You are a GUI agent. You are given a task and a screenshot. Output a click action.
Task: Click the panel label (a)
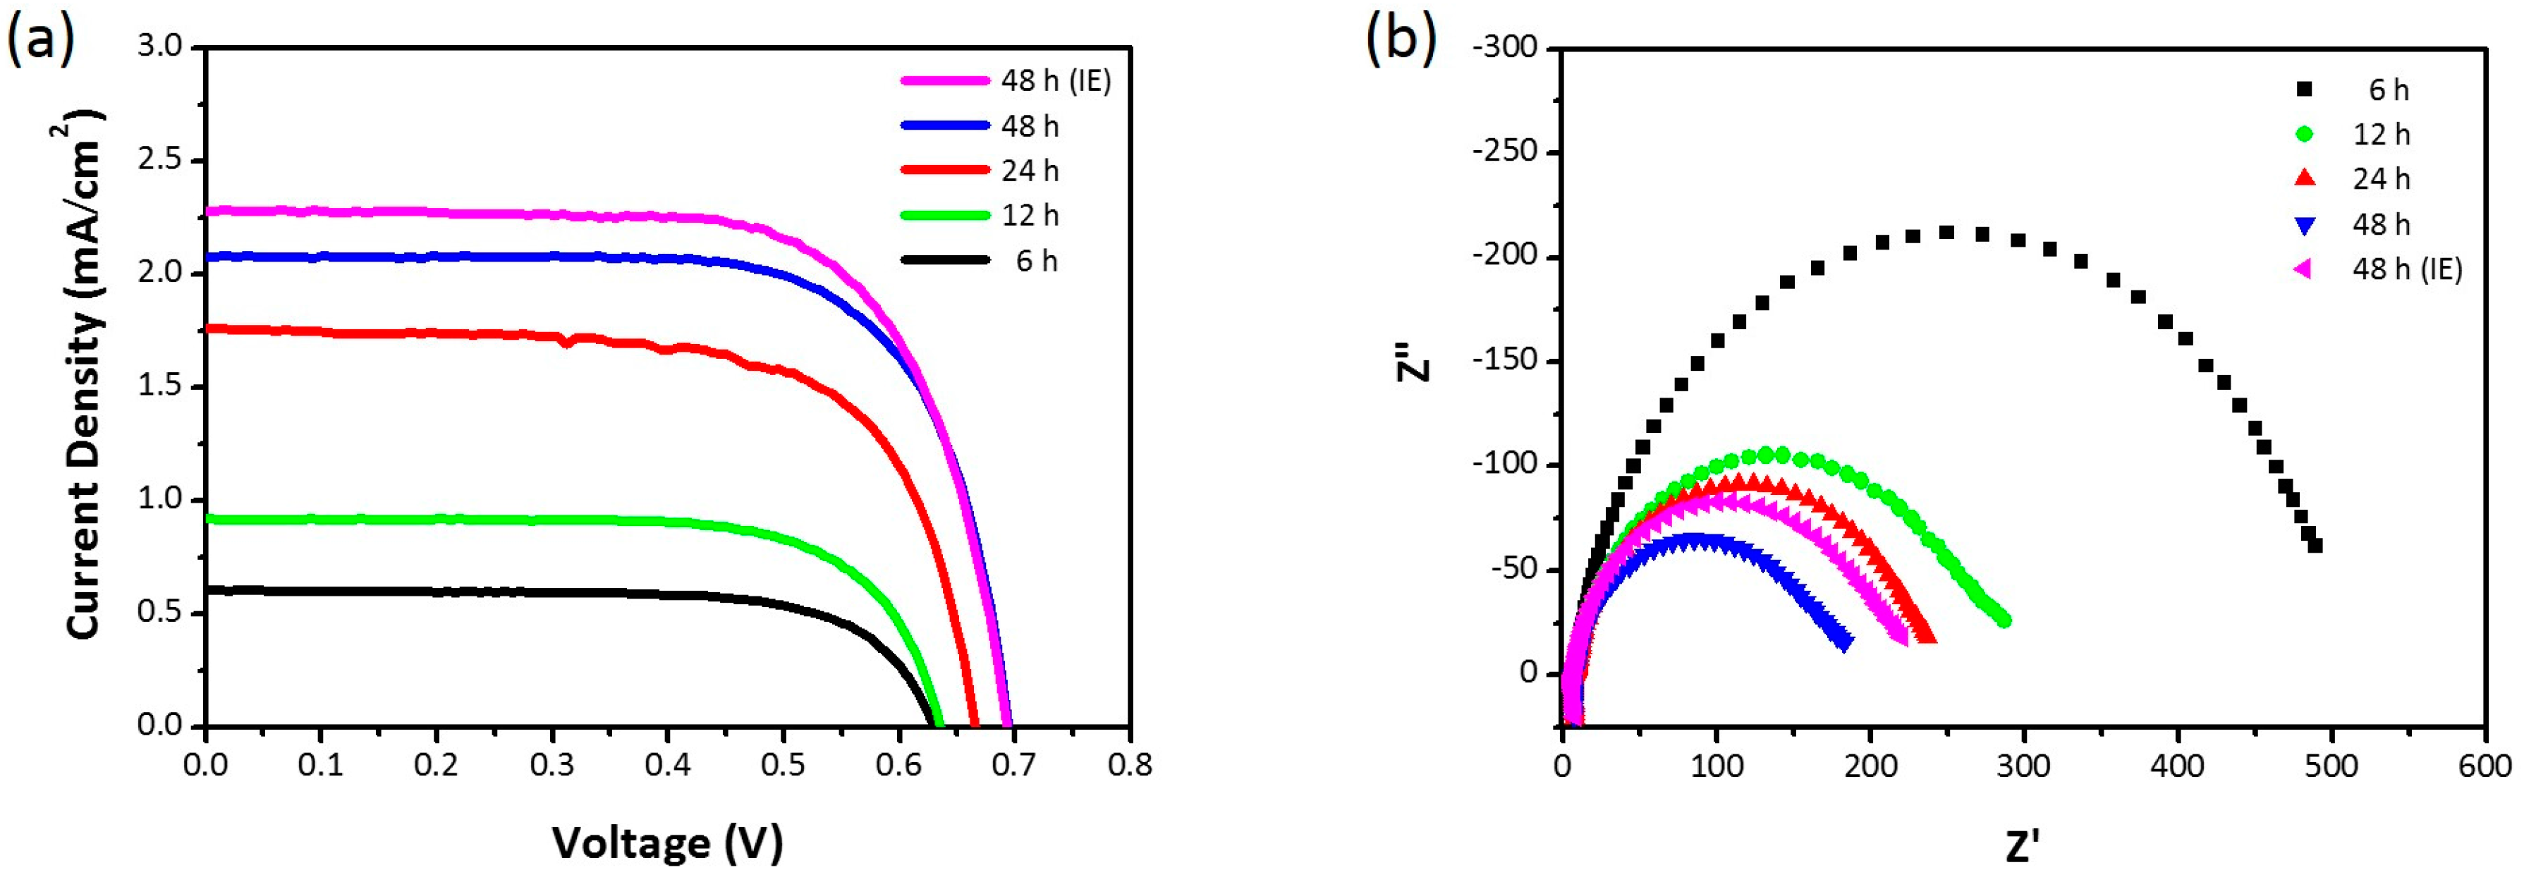pyautogui.click(x=40, y=41)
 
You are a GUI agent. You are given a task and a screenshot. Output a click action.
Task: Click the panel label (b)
pyautogui.click(x=1401, y=41)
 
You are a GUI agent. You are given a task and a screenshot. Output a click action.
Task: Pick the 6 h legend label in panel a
pyautogui.click(x=1037, y=261)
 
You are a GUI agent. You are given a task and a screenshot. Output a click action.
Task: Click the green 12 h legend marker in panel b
pyautogui.click(x=2305, y=134)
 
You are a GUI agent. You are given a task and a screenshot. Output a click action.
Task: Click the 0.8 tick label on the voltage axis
pyautogui.click(x=1130, y=764)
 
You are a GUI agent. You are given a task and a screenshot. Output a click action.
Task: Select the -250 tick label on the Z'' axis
pyautogui.click(x=1504, y=153)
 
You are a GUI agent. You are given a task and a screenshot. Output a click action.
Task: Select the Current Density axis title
pyautogui.click(x=86, y=377)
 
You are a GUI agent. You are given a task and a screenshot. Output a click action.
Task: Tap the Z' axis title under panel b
pyautogui.click(x=2023, y=845)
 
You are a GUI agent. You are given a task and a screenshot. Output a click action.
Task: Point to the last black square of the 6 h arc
pyautogui.click(x=2315, y=546)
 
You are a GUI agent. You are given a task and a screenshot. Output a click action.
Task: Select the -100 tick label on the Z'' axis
pyautogui.click(x=1504, y=465)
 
